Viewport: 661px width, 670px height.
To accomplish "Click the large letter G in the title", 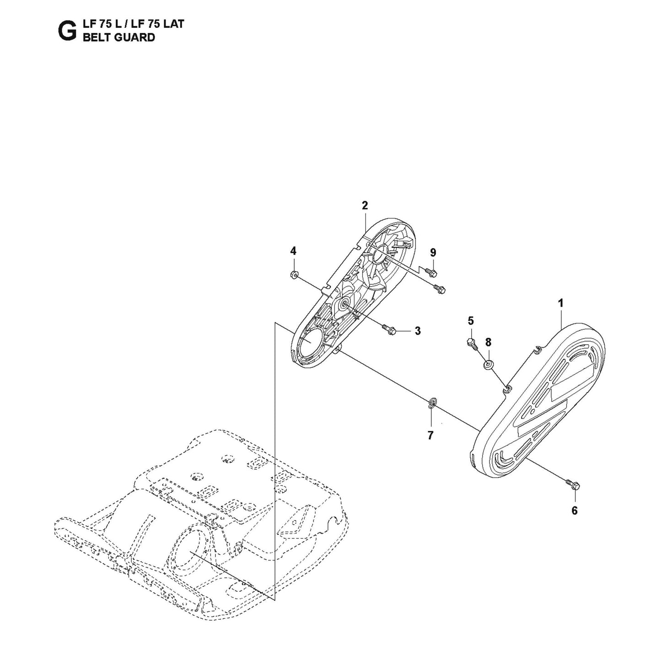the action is pyautogui.click(x=67, y=31).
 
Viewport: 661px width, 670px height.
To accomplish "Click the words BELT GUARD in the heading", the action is pyautogui.click(x=118, y=37).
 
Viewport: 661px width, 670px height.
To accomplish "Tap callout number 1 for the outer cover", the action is pyautogui.click(x=560, y=303).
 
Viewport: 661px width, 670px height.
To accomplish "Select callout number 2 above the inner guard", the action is pyautogui.click(x=365, y=206).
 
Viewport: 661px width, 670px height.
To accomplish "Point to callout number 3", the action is pyautogui.click(x=418, y=330).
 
